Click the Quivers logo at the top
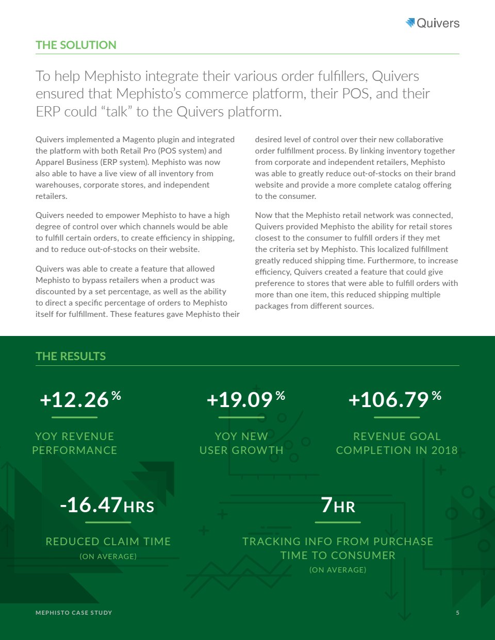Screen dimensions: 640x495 pyautogui.click(x=433, y=23)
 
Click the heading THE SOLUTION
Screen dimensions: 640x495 pyautogui.click(x=76, y=45)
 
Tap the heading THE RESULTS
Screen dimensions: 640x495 pyautogui.click(x=71, y=356)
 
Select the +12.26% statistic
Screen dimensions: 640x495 pyautogui.click(x=80, y=399)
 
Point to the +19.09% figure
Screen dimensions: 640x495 pyautogui.click(x=245, y=399)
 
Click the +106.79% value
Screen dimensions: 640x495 pyautogui.click(x=394, y=399)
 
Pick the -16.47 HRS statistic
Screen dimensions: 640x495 pyautogui.click(x=107, y=505)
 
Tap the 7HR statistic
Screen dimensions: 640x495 pyautogui.click(x=338, y=505)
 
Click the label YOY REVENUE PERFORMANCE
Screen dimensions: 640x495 pyautogui.click(x=75, y=443)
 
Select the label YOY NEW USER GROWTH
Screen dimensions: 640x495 pyautogui.click(x=241, y=443)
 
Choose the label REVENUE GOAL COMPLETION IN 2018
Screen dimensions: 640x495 pyautogui.click(x=397, y=443)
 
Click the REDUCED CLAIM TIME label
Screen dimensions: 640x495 pyautogui.click(x=108, y=542)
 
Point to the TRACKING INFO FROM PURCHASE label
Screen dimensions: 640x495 pyautogui.click(x=338, y=542)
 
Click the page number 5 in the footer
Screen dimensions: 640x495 pyautogui.click(x=457, y=613)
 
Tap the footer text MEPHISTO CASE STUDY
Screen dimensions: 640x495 pyautogui.click(x=74, y=613)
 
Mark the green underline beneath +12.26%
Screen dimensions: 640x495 pyautogui.click(x=75, y=417)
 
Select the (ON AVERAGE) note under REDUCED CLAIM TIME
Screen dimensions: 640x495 pyautogui.click(x=108, y=557)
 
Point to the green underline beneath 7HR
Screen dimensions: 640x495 pyautogui.click(x=338, y=523)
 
